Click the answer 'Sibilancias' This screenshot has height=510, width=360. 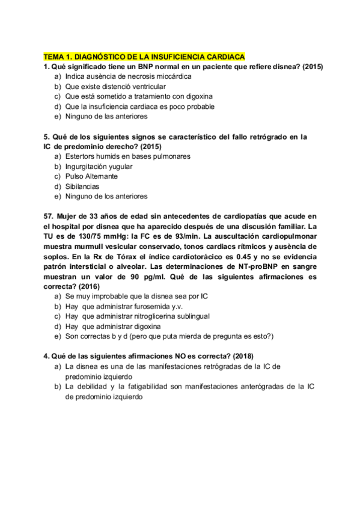pos(82,186)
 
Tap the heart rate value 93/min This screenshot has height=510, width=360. pos(189,236)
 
